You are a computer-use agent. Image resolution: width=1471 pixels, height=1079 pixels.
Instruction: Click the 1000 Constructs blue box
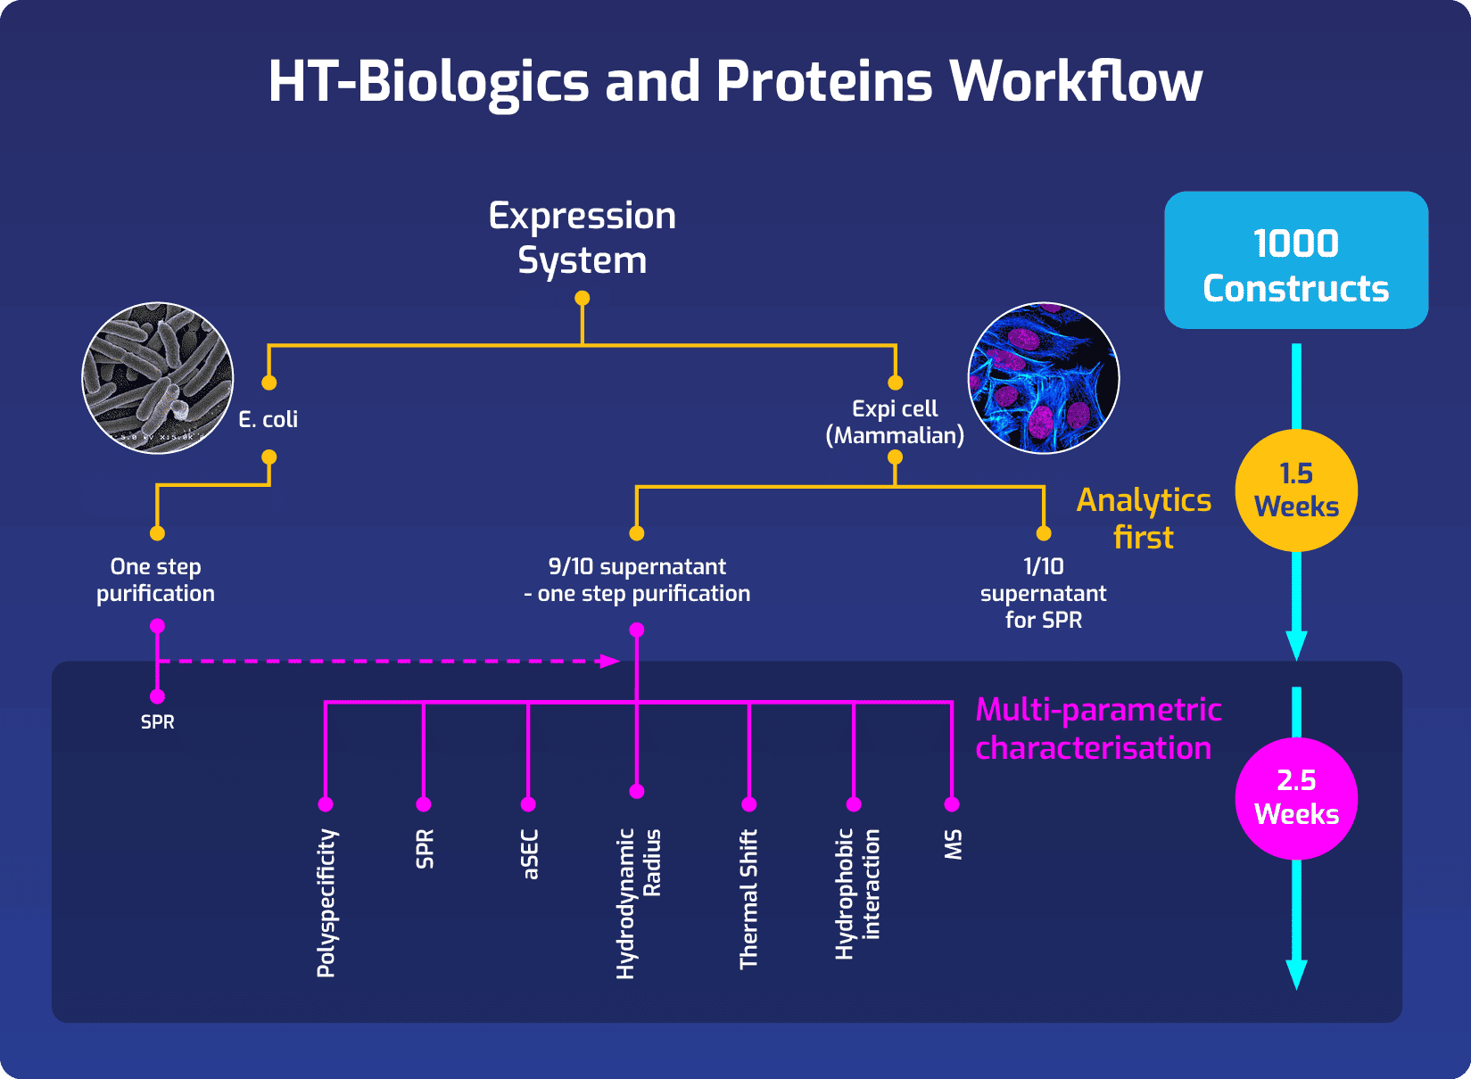pyautogui.click(x=1295, y=260)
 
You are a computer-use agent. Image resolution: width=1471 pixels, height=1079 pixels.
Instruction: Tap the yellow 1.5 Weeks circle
pyautogui.click(x=1295, y=490)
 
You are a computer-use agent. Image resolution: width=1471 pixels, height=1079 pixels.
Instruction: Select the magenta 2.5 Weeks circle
pyautogui.click(x=1295, y=798)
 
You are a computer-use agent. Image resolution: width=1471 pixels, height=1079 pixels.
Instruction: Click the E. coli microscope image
pyautogui.click(x=158, y=378)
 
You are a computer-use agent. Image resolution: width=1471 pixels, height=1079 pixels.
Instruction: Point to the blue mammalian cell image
pyautogui.click(x=1043, y=378)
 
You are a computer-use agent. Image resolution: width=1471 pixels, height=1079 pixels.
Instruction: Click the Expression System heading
pyautogui.click(x=583, y=238)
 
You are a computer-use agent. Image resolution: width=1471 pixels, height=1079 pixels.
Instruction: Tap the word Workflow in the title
pyautogui.click(x=1075, y=82)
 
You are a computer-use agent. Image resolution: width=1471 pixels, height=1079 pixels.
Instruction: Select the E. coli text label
pyautogui.click(x=268, y=419)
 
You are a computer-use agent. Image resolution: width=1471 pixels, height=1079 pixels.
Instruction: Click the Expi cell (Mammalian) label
pyautogui.click(x=895, y=422)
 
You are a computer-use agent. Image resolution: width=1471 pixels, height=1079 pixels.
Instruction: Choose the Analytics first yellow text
pyautogui.click(x=1144, y=518)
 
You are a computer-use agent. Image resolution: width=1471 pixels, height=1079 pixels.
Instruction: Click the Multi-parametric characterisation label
pyautogui.click(x=1097, y=729)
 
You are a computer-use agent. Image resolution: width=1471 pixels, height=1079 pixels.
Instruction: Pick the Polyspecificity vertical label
pyautogui.click(x=326, y=902)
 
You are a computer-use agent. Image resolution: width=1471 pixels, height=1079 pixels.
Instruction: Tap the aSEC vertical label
pyautogui.click(x=530, y=854)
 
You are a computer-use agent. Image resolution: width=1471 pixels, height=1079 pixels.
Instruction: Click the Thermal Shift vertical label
pyautogui.click(x=748, y=899)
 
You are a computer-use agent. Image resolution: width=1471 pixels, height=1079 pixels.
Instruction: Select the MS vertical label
pyautogui.click(x=953, y=844)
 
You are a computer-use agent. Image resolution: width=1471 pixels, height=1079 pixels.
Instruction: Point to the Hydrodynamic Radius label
pyautogui.click(x=638, y=902)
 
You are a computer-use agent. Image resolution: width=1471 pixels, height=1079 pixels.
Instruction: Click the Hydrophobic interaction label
pyautogui.click(x=856, y=894)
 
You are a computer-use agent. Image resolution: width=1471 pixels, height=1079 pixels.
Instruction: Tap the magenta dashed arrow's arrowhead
pyautogui.click(x=610, y=661)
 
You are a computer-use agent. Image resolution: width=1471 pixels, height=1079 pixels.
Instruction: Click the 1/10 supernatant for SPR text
pyautogui.click(x=1043, y=593)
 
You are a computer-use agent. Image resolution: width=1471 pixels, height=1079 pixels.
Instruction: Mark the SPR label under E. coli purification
pyautogui.click(x=158, y=722)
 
